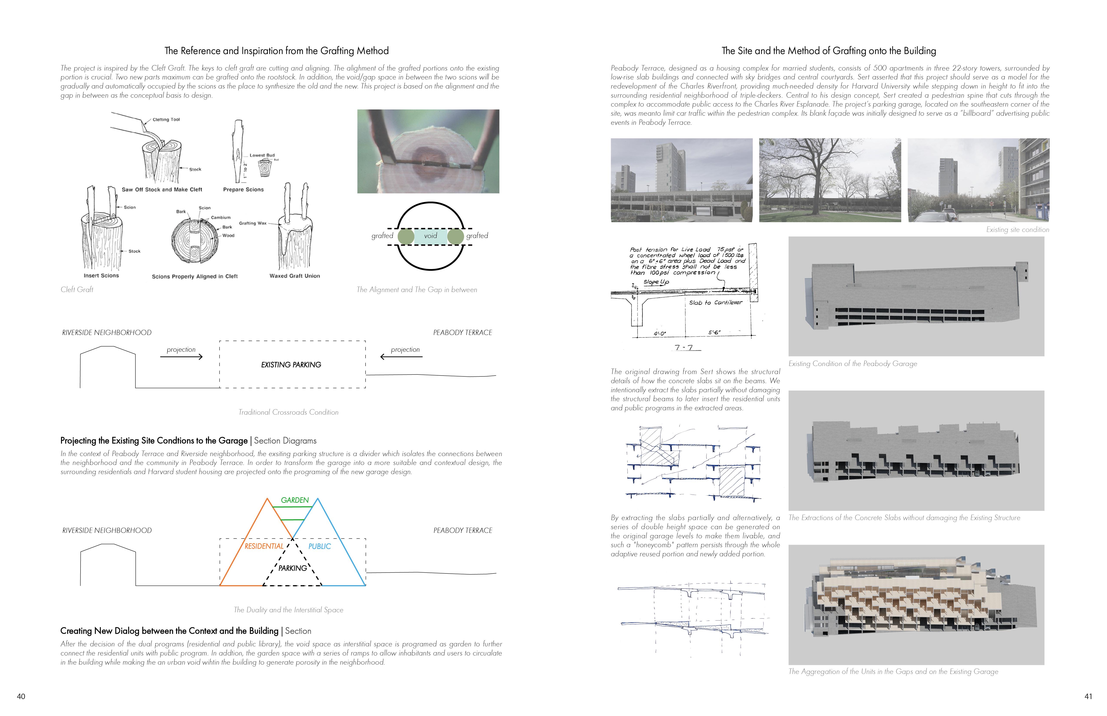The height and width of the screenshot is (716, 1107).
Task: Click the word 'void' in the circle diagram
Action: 430,236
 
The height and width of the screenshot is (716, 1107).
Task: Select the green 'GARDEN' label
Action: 295,500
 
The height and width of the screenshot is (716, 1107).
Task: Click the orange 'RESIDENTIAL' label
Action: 264,546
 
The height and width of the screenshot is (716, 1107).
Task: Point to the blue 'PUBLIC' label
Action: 320,546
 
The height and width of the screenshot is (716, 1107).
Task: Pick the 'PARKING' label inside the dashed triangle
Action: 293,568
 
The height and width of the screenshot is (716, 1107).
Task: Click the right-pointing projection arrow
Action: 181,357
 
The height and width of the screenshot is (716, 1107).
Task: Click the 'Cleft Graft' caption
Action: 77,290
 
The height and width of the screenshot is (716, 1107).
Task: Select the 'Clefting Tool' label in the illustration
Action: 166,120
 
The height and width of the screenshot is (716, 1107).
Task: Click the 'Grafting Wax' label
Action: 253,223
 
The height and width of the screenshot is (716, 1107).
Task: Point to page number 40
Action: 21,696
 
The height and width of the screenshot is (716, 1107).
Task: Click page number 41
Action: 1088,696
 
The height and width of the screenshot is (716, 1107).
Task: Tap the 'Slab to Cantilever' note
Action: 715,303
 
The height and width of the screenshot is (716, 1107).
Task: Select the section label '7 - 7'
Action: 684,347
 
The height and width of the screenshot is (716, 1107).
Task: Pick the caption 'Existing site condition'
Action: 1017,230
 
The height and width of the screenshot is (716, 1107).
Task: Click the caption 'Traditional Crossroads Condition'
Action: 288,412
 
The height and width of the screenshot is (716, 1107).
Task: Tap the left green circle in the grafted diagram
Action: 406,236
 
